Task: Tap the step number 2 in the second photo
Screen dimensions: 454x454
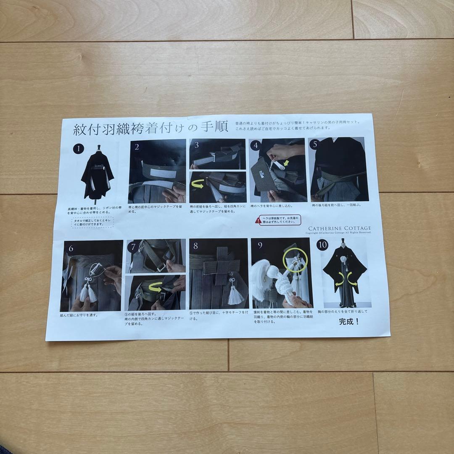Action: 137,146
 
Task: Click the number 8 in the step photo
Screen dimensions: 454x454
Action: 195,245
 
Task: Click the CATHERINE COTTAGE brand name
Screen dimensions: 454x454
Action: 339,228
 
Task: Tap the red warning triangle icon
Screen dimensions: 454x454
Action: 257,220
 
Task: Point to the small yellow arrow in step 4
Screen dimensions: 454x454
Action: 286,162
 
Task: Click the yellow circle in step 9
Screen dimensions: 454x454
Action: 296,261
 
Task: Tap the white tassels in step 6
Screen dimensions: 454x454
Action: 90,292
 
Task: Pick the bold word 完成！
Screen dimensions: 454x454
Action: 349,322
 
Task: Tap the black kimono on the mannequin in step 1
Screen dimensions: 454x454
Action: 98,177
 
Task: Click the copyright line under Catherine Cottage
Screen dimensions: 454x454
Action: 339,232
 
